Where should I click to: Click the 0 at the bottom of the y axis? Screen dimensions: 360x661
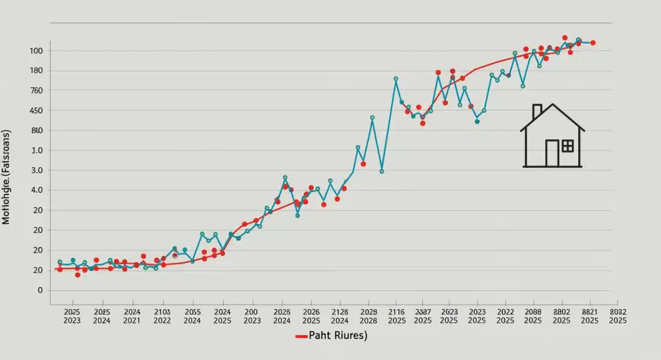click(x=39, y=290)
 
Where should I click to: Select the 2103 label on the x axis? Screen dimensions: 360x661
click(x=162, y=312)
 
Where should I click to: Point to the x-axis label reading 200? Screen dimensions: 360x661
click(x=252, y=312)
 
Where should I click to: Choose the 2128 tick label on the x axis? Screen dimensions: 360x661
click(x=340, y=312)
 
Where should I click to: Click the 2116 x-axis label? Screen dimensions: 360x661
click(x=396, y=312)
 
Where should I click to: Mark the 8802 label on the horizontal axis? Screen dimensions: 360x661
click(x=561, y=312)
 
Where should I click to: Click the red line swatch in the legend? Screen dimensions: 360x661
click(x=301, y=336)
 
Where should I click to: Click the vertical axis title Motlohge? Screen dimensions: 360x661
click(x=7, y=178)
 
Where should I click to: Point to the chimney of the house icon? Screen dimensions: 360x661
click(x=537, y=112)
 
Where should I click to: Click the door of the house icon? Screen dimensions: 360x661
click(x=552, y=153)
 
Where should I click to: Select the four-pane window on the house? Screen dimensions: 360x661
click(x=567, y=146)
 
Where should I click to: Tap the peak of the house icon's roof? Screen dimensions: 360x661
click(x=552, y=105)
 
